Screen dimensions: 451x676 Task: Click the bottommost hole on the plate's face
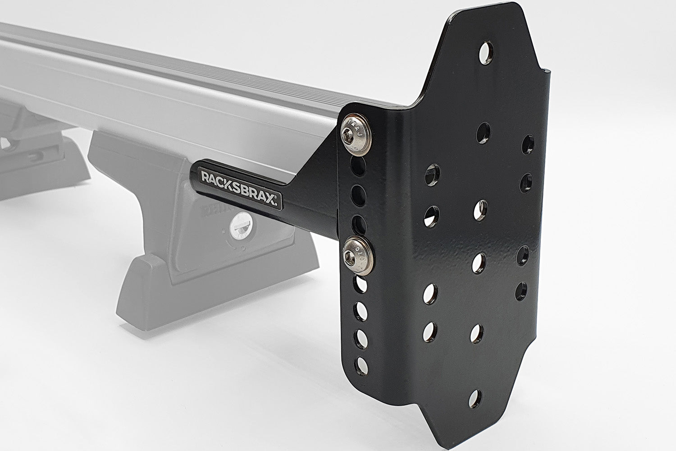point(474,398)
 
